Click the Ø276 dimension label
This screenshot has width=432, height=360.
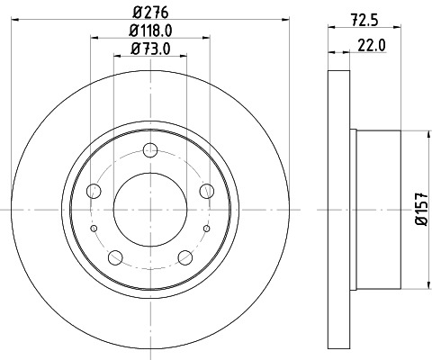point(150,13)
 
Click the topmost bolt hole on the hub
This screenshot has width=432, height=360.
point(150,149)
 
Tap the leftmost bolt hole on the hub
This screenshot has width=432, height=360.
point(94,190)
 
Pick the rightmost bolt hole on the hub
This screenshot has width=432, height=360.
point(207,190)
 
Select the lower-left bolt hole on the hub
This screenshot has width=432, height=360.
point(115,257)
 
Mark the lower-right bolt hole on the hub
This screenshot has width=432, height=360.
point(185,257)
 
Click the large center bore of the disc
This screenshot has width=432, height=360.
point(150,209)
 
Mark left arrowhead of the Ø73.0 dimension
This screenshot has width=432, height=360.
point(116,56)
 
